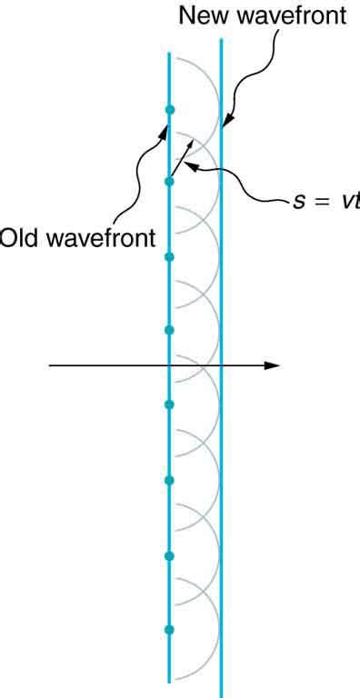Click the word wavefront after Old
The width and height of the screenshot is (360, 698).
coord(96,240)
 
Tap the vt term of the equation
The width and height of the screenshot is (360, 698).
coord(351,199)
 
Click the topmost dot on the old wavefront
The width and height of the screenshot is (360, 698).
coord(169,110)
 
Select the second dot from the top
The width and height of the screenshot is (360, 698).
coord(169,183)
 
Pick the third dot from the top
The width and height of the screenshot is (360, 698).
coord(169,257)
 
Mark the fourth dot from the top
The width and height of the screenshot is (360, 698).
coord(169,330)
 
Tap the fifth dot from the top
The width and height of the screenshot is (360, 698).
coord(169,404)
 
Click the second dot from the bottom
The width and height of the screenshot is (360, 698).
coord(169,555)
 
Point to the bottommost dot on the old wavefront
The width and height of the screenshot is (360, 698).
coord(169,630)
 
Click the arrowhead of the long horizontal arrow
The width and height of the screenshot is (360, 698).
coord(272,365)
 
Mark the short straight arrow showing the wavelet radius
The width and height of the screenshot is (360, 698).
coord(180,157)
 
